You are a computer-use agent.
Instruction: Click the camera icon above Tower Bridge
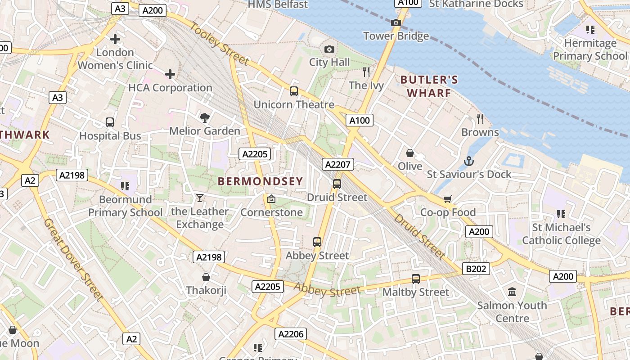tap(396, 22)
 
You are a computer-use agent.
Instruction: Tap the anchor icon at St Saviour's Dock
tap(469, 161)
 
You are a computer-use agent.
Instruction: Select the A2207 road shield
tap(338, 164)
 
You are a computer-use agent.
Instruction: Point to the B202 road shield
tap(476, 269)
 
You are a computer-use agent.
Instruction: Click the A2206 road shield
tap(291, 333)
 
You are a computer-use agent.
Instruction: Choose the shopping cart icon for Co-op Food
tap(447, 199)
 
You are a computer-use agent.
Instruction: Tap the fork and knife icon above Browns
tap(480, 119)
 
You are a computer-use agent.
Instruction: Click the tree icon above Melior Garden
tap(205, 118)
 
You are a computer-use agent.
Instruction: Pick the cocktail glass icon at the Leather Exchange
tap(200, 198)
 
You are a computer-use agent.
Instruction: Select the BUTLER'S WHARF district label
tap(429, 86)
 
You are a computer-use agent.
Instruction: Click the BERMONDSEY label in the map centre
tap(261, 181)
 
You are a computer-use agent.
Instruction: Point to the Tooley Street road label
tap(219, 43)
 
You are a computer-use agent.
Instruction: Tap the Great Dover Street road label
tap(74, 259)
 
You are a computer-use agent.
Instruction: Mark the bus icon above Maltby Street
tap(416, 279)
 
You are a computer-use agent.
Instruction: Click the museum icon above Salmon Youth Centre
tap(512, 292)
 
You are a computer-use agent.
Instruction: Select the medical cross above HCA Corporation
tap(170, 74)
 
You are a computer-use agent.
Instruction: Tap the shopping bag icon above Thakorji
tap(206, 277)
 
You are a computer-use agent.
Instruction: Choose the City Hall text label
tap(329, 62)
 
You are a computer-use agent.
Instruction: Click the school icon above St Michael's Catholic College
tap(561, 214)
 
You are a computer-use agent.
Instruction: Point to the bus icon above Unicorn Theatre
tap(294, 91)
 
